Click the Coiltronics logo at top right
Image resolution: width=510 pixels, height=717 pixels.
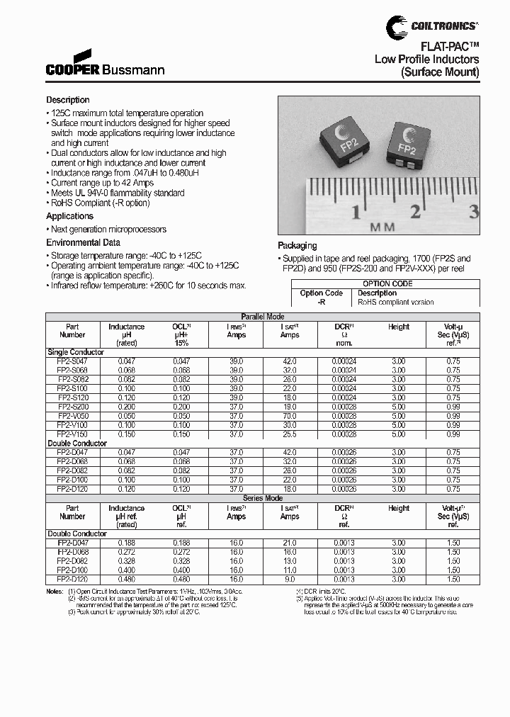pos(432,26)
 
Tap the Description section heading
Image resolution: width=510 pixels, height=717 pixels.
pos(68,100)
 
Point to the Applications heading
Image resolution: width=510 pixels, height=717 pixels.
pos(69,216)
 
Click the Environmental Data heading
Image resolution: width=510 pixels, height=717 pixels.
pos(83,242)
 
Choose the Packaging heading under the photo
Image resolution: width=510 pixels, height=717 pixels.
pos(297,245)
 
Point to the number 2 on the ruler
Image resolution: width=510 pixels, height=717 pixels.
pos(416,211)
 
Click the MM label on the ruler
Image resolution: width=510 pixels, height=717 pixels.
pos(382,227)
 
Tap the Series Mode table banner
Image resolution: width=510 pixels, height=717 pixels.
pos(263,498)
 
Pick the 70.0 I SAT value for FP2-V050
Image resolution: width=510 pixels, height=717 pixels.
pos(290,416)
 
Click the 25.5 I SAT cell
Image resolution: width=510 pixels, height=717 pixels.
pos(290,434)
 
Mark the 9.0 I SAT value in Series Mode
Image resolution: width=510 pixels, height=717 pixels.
pos(290,579)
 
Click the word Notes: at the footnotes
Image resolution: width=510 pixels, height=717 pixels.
pos(55,591)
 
